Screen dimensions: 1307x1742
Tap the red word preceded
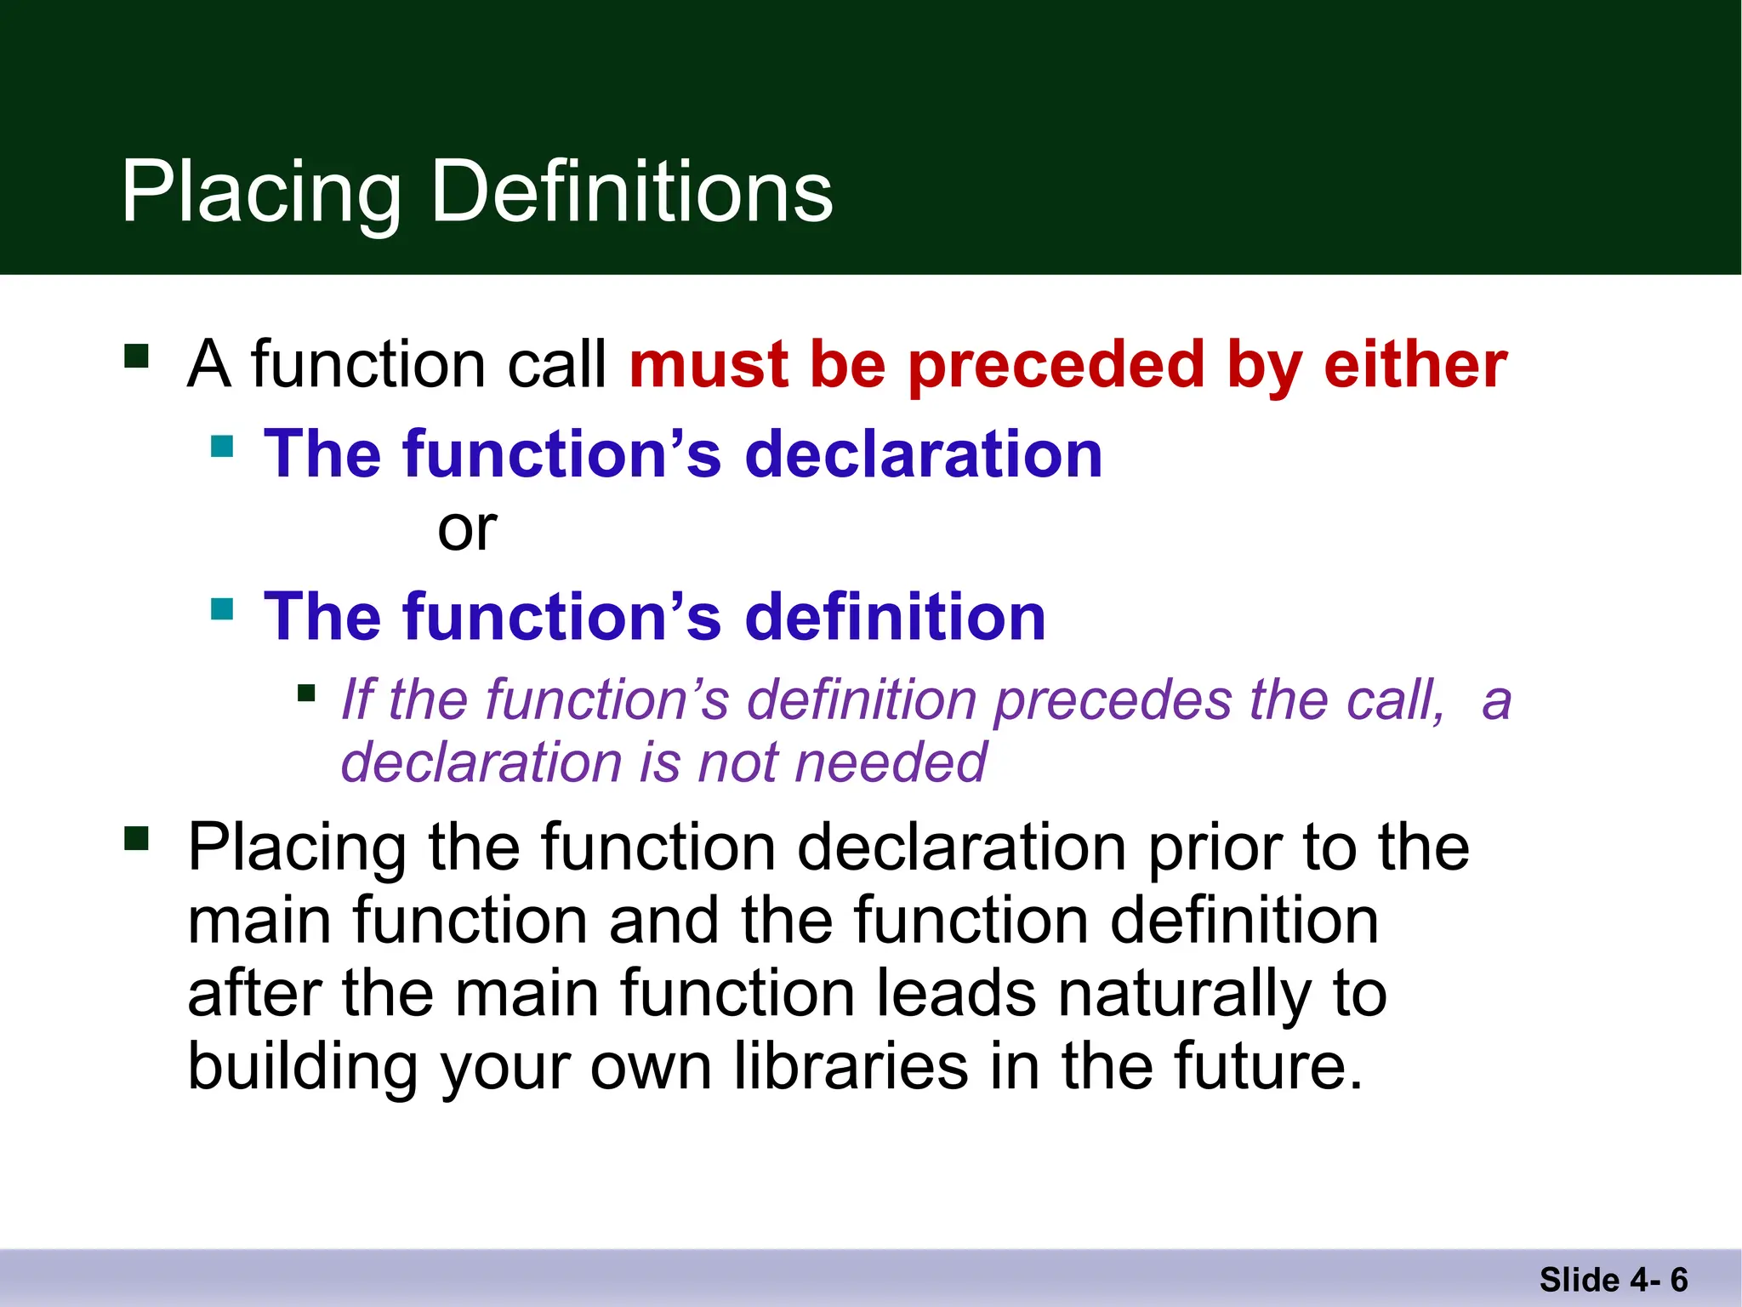coord(1056,365)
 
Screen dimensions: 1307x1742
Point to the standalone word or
coord(466,529)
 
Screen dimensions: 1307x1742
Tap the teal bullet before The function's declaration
coord(222,446)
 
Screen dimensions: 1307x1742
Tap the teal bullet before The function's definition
coord(222,608)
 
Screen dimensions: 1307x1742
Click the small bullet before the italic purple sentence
coord(306,693)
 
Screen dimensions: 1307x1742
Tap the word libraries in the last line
coord(851,1067)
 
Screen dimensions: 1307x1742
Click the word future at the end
coord(1267,1067)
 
